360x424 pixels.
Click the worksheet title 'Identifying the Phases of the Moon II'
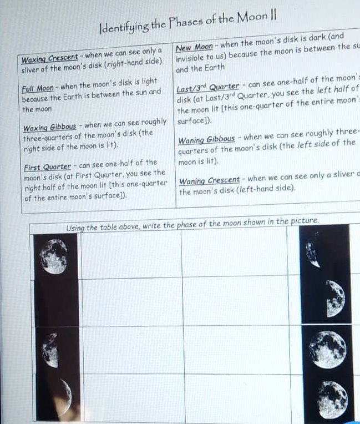pyautogui.click(x=187, y=24)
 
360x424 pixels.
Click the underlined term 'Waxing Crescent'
pyautogui.click(x=49, y=58)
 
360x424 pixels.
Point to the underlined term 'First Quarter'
pyautogui.click(x=48, y=167)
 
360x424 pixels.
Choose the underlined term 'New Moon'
pyautogui.click(x=194, y=48)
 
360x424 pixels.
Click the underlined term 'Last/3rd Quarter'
pyautogui.click(x=207, y=87)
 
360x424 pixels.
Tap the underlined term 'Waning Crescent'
pyautogui.click(x=209, y=180)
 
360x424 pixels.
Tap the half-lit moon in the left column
pyautogui.click(x=51, y=350)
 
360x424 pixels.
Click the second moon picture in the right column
pyautogui.click(x=334, y=299)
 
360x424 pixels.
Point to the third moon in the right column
pyautogui.click(x=327, y=349)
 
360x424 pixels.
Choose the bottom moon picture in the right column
pyautogui.click(x=333, y=398)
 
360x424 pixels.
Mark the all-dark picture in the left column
pyautogui.click(x=57, y=302)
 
